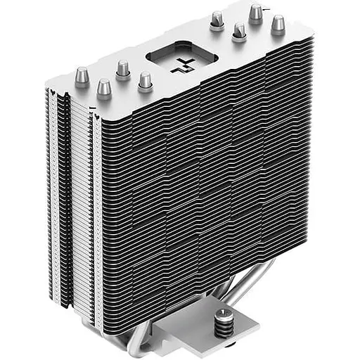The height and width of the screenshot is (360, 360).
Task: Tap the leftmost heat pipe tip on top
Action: point(82,75)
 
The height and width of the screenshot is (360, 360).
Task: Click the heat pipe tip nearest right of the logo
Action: point(239,30)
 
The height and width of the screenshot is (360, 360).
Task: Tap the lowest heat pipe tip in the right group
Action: point(239,30)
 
